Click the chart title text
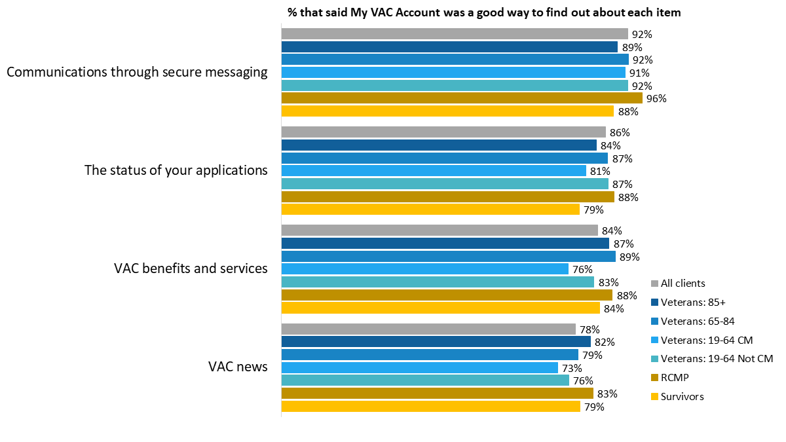(484, 12)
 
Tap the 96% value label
(656, 99)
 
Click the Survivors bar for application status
(430, 210)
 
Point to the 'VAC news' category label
(238, 367)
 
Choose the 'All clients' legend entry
(683, 284)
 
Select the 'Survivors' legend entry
(682, 396)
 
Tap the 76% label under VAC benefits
(582, 269)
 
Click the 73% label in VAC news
(572, 368)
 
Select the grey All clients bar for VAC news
(428, 329)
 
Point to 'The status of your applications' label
(176, 170)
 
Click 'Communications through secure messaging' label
(137, 72)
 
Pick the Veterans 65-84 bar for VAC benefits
(448, 256)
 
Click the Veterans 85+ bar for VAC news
(436, 342)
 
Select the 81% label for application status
(600, 171)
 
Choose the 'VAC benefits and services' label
(191, 268)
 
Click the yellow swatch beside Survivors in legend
(654, 396)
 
